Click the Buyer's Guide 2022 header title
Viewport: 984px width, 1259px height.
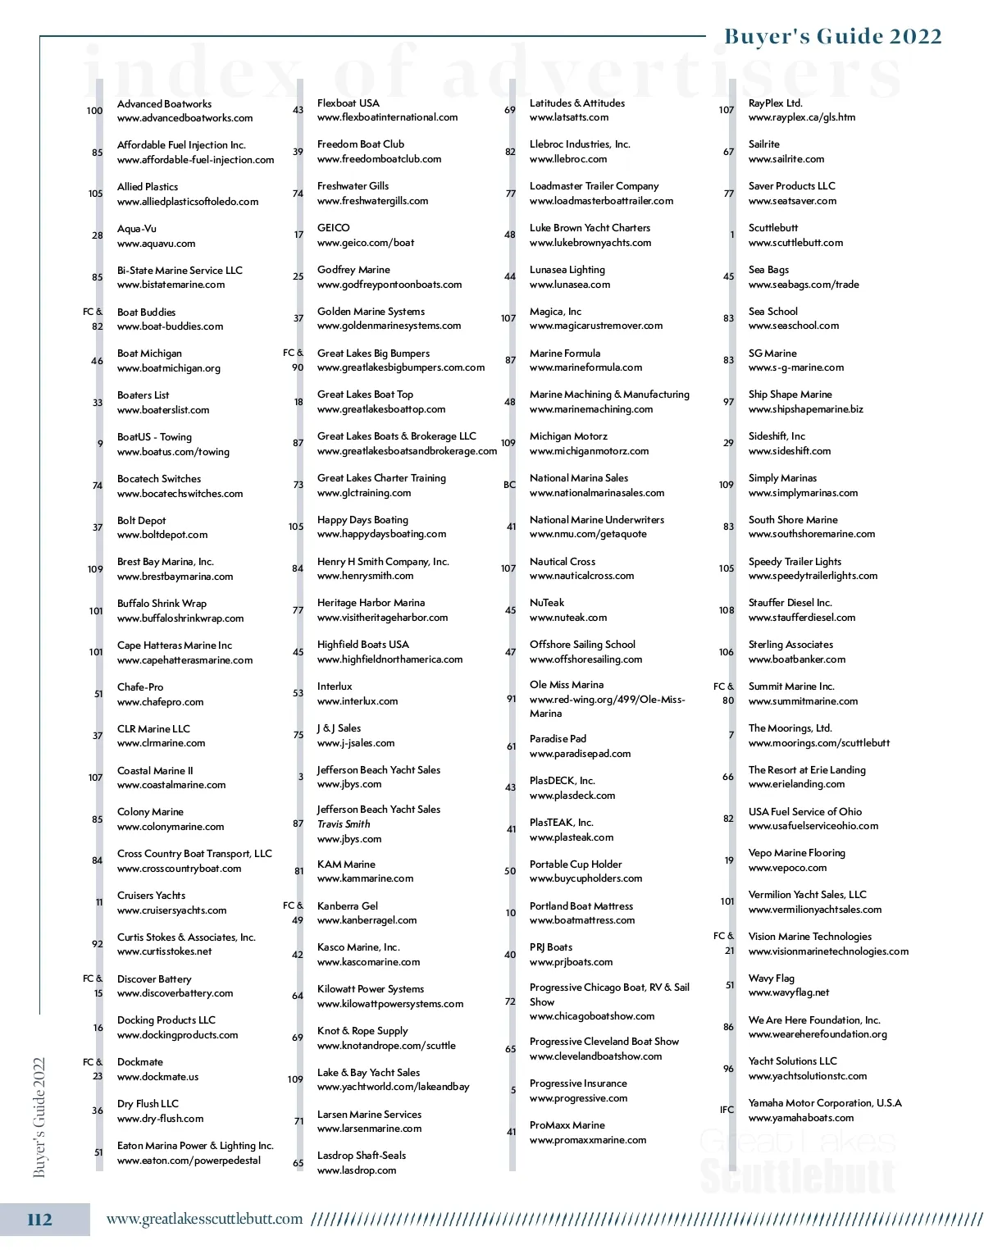click(832, 36)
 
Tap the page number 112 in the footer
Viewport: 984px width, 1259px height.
click(39, 1220)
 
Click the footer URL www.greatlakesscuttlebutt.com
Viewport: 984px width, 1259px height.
click(204, 1219)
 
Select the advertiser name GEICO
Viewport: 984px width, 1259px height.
click(333, 228)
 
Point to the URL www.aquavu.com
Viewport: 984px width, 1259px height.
click(156, 244)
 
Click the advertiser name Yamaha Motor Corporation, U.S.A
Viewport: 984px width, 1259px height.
click(824, 1103)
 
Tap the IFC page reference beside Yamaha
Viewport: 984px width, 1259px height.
click(727, 1110)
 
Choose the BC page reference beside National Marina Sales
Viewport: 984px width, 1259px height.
click(509, 485)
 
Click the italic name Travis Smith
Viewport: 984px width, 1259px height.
click(344, 824)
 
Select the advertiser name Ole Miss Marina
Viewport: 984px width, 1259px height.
click(566, 685)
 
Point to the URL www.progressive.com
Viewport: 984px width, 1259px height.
click(578, 1098)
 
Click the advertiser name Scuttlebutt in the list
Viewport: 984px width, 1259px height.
click(772, 228)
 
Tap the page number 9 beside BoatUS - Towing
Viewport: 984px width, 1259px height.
click(100, 444)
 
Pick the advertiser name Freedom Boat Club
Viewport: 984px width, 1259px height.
click(360, 144)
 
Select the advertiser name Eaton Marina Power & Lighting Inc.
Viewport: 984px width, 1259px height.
click(195, 1146)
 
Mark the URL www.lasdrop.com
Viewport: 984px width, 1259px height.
click(356, 1170)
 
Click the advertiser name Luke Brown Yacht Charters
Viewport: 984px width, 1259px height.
click(590, 228)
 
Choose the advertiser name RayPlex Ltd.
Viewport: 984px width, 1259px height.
click(775, 103)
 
